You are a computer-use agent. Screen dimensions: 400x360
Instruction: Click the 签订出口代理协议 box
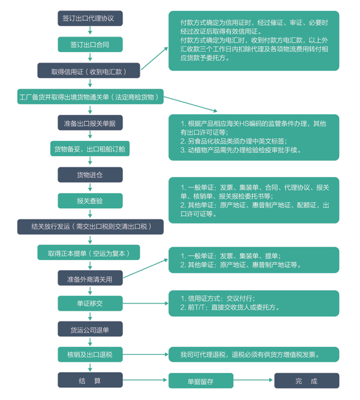tap(90, 18)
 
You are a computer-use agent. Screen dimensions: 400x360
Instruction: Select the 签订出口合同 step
tap(90, 44)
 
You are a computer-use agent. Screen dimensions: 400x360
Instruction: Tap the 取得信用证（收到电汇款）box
tap(88, 71)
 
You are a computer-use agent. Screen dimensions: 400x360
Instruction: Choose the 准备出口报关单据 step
tap(90, 123)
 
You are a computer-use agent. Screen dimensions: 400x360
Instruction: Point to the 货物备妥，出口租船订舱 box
tap(90, 149)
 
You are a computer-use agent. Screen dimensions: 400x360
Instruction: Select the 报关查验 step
tap(90, 200)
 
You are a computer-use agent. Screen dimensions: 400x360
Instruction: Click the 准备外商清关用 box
tap(90, 279)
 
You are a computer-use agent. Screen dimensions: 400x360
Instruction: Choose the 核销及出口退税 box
tap(90, 354)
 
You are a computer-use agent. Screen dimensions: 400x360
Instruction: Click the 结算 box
tap(90, 380)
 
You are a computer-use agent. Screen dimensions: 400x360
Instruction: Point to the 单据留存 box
tap(201, 380)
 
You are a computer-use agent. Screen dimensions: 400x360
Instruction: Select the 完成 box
tap(306, 380)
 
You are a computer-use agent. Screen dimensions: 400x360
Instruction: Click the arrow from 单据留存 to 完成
tap(254, 380)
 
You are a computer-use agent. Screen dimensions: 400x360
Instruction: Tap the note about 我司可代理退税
tap(253, 354)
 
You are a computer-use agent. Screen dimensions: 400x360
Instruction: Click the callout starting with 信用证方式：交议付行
tap(253, 303)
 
